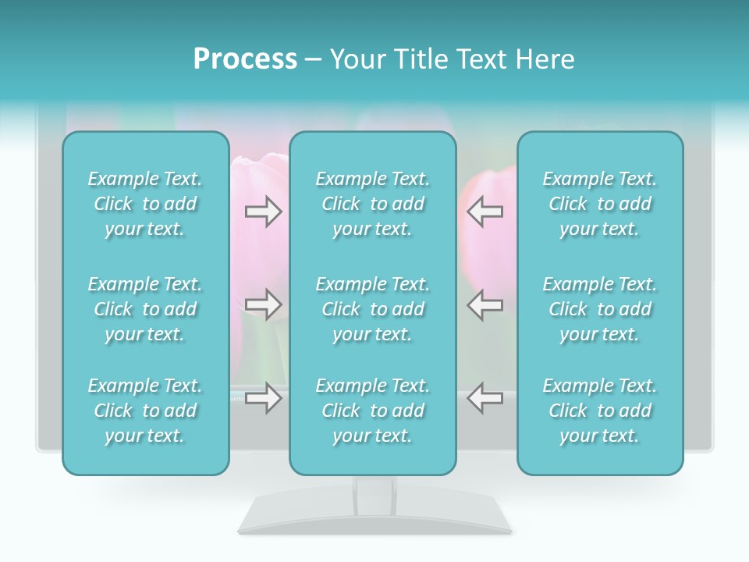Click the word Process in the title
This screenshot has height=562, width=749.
[x=245, y=59]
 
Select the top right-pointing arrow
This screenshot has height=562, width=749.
[x=263, y=211]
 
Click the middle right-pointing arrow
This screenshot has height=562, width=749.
[x=263, y=304]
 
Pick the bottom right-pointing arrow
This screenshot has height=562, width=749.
[x=263, y=398]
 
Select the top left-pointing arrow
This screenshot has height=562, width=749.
[x=485, y=211]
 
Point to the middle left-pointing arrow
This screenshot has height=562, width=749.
[x=485, y=304]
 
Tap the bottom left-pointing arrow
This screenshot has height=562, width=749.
[x=485, y=398]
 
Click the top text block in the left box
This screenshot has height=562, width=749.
[x=145, y=204]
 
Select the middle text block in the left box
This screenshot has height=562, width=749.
[x=145, y=309]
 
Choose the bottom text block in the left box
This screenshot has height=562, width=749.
[x=145, y=411]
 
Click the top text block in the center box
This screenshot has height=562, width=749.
[x=373, y=204]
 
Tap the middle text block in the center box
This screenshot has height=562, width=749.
[x=373, y=309]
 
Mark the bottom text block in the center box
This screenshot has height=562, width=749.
[x=373, y=411]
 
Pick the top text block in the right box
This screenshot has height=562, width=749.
[x=600, y=204]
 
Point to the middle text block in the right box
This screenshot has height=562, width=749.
[x=600, y=309]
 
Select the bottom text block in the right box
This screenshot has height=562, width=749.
[x=600, y=411]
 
